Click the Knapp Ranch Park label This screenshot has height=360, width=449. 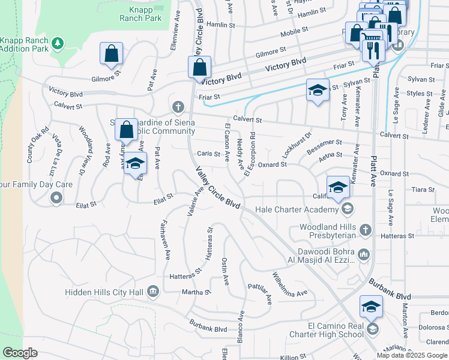tap(145, 14)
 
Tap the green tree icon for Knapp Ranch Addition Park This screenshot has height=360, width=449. tap(58, 43)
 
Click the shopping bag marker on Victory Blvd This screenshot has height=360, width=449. tap(199, 68)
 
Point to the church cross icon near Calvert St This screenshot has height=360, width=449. tap(178, 107)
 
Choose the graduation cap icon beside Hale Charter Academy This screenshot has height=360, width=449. tap(347, 209)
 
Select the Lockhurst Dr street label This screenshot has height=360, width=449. tap(297, 145)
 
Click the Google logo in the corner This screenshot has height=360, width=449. tap(20, 353)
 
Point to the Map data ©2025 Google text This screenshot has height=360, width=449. tap(412, 355)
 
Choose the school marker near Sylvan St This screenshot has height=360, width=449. tap(318, 90)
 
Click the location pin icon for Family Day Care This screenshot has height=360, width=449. tap(56, 197)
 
